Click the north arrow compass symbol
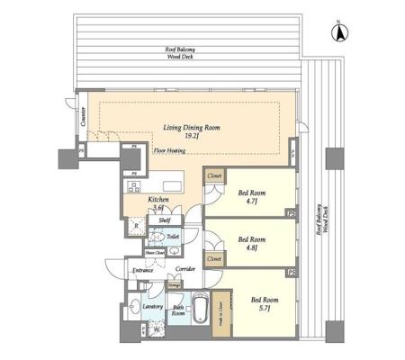pos(341,33)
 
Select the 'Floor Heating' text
pos(169,151)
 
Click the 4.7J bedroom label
pos(251,196)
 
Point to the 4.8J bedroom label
pos(251,243)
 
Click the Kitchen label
pos(136,203)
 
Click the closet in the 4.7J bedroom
pos(214,176)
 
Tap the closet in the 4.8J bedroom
pos(214,259)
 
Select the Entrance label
pos(143,270)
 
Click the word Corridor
pos(186,269)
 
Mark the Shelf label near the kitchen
pos(165,219)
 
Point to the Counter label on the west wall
pos(81,118)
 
